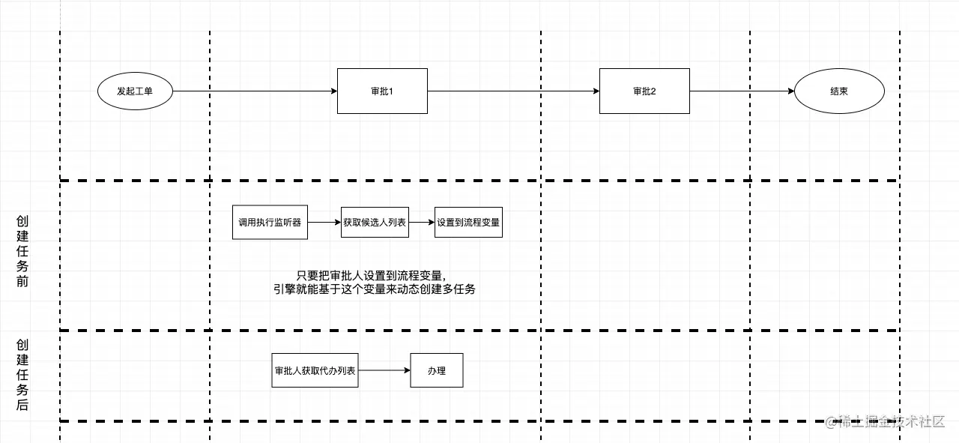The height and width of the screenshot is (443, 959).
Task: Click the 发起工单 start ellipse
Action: click(x=135, y=91)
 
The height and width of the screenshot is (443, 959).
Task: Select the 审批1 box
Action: click(x=382, y=91)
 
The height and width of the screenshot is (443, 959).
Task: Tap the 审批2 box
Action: click(x=644, y=91)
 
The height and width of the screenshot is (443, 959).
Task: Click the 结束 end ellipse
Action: click(x=839, y=91)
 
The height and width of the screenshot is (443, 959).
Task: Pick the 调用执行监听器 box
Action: click(x=270, y=223)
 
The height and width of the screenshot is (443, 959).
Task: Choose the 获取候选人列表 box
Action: click(x=375, y=223)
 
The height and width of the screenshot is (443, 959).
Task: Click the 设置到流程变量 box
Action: click(x=468, y=223)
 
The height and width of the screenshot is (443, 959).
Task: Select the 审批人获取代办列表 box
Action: click(x=315, y=370)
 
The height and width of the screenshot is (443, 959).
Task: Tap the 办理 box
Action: click(x=437, y=370)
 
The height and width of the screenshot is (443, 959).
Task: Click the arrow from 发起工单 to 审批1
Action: click(x=255, y=91)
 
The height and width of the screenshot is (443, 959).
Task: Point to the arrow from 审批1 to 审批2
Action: click(x=513, y=91)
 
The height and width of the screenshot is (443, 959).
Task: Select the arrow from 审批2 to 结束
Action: click(x=742, y=91)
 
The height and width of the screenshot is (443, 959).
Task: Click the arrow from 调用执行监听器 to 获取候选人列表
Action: click(x=324, y=223)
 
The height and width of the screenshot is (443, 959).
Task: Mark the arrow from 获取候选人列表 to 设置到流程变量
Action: click(x=422, y=223)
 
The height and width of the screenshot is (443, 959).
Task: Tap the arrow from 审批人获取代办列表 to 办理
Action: click(x=384, y=370)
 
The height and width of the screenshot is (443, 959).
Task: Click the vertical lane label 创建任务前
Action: click(x=22, y=252)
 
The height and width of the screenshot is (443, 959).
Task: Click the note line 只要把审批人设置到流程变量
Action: click(x=375, y=275)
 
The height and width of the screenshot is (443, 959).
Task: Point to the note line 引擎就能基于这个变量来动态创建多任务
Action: click(x=375, y=289)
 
